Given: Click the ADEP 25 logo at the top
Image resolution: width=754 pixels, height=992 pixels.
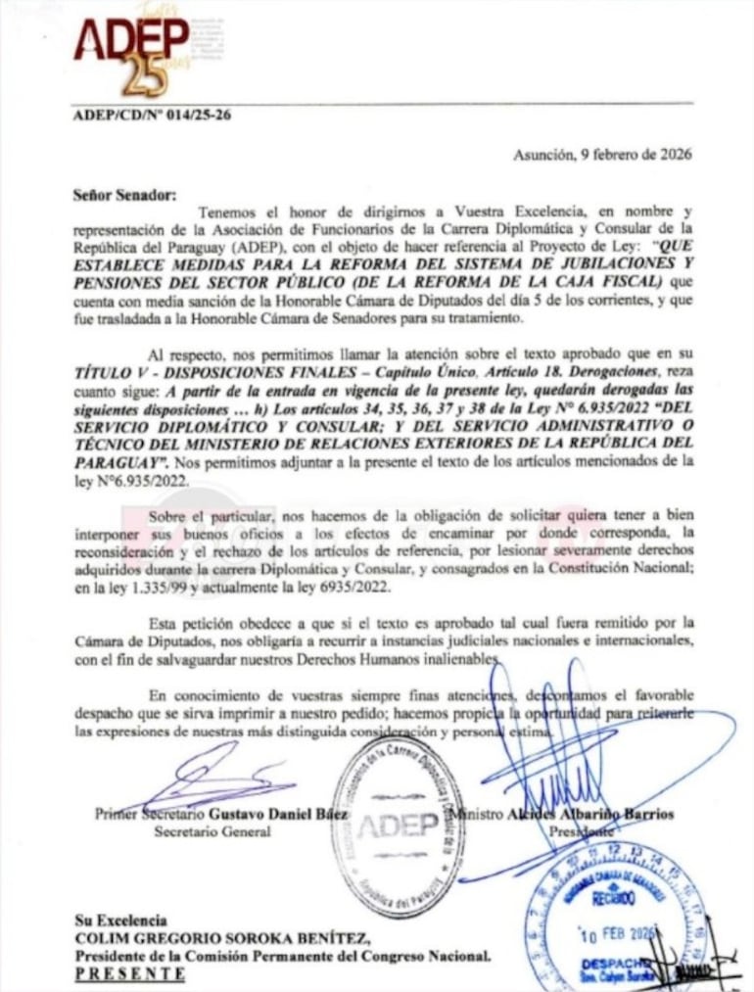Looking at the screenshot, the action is point(132,49).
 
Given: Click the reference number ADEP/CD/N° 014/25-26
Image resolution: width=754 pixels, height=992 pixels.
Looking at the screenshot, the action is point(152,114).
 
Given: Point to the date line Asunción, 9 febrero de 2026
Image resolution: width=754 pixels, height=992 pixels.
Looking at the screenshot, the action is point(602,154).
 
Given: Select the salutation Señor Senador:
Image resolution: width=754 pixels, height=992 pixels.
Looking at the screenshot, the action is point(123,194).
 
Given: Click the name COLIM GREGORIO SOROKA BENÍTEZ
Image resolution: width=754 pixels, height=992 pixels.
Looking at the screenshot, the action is point(221,938).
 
